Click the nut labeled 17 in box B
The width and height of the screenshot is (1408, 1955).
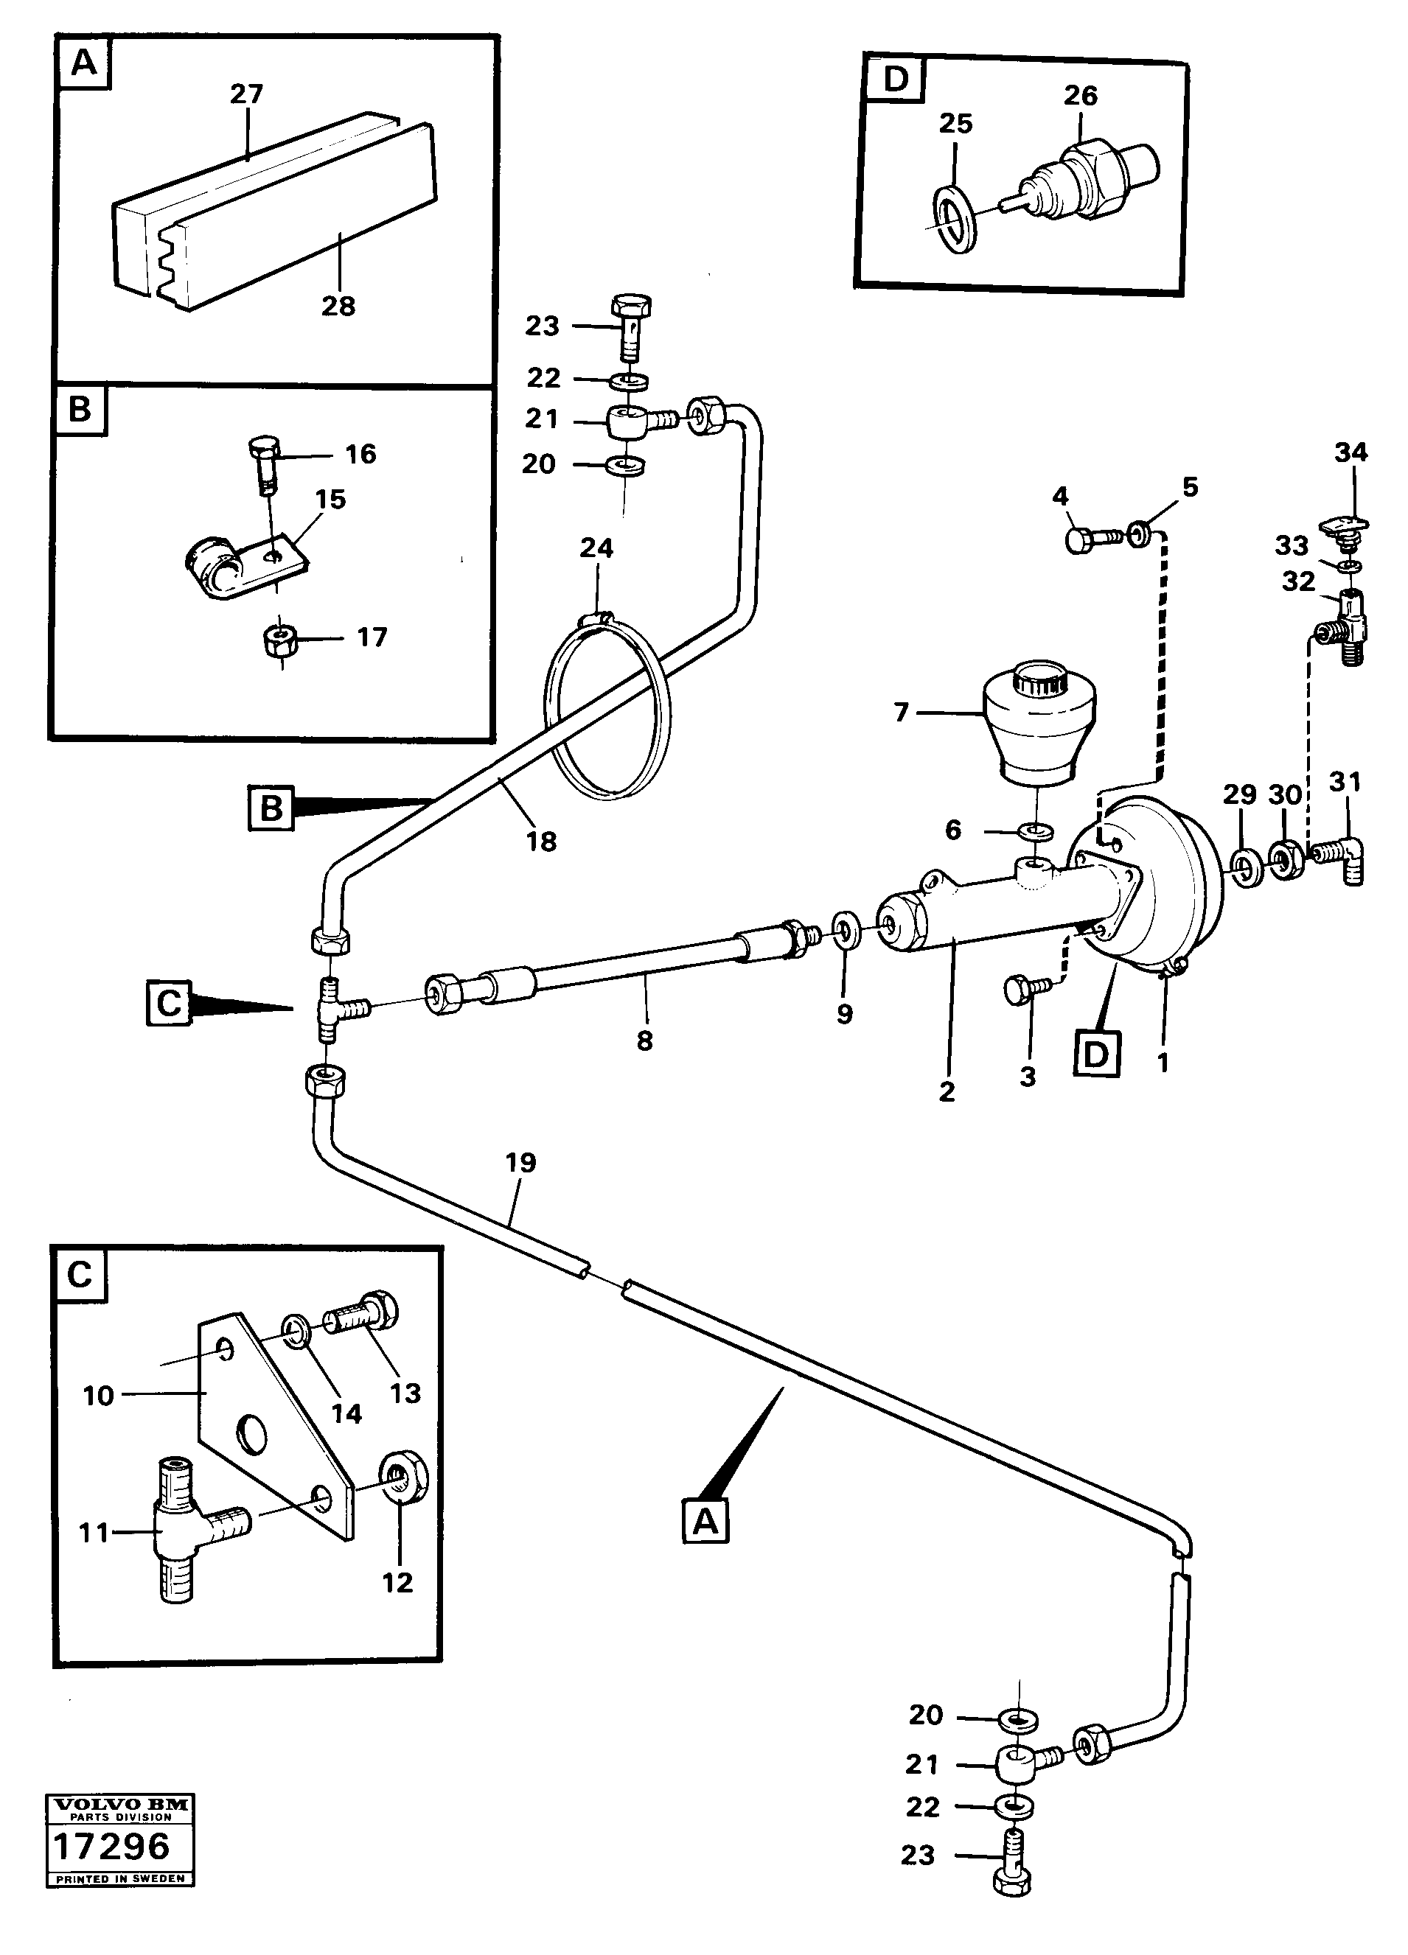click(x=281, y=639)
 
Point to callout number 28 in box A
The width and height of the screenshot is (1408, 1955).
click(x=338, y=306)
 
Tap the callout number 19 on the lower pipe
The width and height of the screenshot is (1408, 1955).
click(x=520, y=1163)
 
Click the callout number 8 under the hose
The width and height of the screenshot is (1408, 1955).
click(x=644, y=1041)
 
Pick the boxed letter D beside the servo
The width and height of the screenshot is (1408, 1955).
click(x=1097, y=1053)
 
